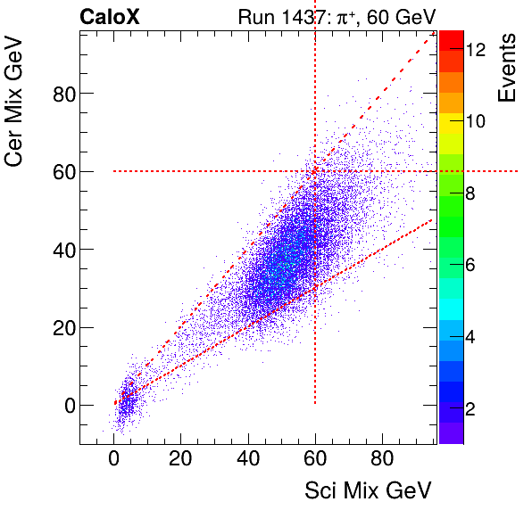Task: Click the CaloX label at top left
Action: click(109, 17)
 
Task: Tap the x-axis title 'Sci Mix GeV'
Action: click(369, 490)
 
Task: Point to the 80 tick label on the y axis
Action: click(59, 93)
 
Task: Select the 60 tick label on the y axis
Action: click(59, 171)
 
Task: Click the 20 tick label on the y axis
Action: click(59, 327)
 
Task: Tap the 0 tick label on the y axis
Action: click(64, 405)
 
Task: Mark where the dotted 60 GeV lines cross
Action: click(315, 171)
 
